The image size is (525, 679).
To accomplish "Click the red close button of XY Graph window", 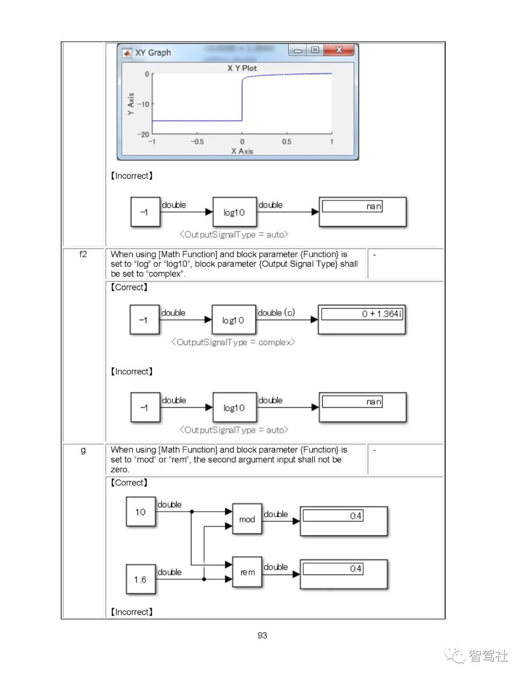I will click(x=340, y=50).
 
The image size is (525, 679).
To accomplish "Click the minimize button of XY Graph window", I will click(x=297, y=50).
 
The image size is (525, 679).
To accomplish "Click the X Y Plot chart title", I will click(x=242, y=68).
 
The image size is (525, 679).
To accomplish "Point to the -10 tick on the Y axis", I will click(x=143, y=104).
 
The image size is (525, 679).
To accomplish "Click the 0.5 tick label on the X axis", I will click(x=287, y=142).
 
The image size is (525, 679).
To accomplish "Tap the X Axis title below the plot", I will click(x=242, y=151).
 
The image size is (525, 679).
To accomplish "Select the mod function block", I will click(x=247, y=519).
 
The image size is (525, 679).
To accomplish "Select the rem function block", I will click(x=247, y=572).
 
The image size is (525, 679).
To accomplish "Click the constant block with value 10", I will click(x=140, y=512).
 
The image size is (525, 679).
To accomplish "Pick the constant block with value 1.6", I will click(x=140, y=579).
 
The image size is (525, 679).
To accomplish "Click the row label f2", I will click(x=83, y=254).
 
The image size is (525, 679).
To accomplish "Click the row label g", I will click(x=83, y=450).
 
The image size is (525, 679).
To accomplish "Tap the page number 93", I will click(x=262, y=635).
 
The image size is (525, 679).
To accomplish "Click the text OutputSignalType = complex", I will click(x=233, y=342).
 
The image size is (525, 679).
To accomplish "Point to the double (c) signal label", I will click(x=276, y=313).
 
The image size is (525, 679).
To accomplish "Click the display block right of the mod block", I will click(x=344, y=521).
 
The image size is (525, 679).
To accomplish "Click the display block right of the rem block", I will click(x=344, y=574).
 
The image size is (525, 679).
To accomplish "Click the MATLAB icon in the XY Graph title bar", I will click(x=127, y=52).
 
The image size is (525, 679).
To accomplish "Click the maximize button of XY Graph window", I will click(x=315, y=50).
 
